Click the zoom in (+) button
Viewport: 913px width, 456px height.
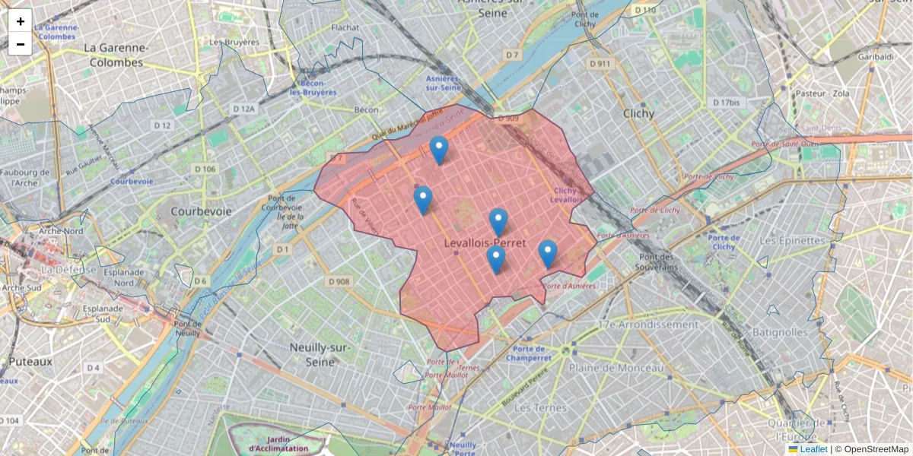21,21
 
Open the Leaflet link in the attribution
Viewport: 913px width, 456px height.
813,449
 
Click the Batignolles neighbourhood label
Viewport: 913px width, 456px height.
778,332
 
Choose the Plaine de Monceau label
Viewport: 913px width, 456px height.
616,368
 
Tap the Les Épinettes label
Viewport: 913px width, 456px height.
792,241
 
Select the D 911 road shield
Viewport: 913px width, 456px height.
599,64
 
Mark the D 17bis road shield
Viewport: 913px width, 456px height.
726,102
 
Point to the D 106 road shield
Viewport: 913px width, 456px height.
205,169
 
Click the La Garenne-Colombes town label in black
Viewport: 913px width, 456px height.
114,55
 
